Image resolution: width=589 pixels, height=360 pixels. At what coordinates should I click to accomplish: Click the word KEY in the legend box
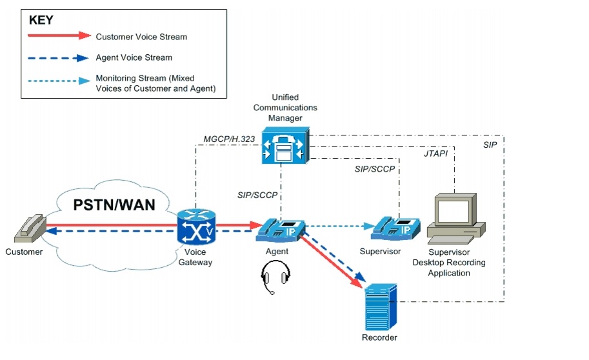(43, 20)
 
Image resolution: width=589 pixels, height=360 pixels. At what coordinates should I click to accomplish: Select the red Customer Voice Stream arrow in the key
(58, 36)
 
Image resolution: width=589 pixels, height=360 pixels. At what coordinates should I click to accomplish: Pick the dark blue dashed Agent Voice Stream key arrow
(58, 58)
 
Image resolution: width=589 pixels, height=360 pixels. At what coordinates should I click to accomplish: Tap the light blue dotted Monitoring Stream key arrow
(58, 81)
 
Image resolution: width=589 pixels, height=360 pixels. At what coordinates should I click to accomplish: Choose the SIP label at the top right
(490, 145)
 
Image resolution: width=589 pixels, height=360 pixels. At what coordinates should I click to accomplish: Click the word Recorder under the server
(379, 337)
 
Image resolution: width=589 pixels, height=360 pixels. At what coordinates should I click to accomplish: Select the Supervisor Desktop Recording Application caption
(457, 262)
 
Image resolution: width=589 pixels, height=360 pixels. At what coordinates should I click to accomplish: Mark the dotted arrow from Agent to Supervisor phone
(335, 226)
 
